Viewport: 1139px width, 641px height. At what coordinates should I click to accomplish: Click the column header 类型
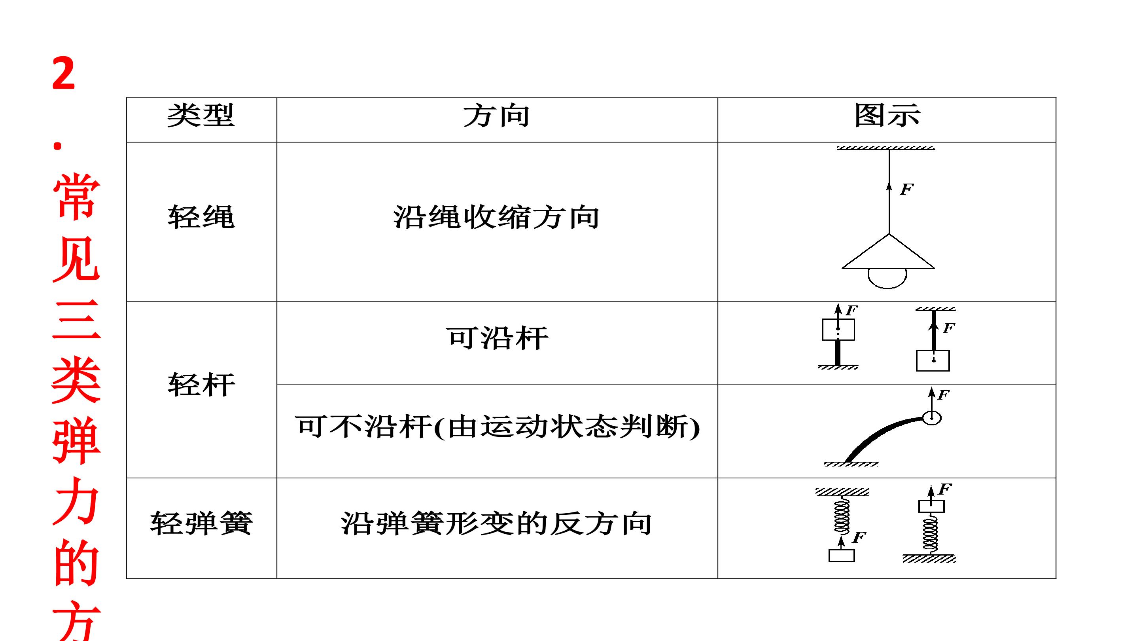point(201,116)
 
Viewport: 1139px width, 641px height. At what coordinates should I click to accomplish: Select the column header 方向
point(496,116)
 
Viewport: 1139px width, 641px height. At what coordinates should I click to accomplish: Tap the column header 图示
point(887,116)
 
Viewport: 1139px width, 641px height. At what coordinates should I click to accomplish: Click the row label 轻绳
point(201,217)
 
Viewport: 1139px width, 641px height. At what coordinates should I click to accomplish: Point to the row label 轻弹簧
point(201,523)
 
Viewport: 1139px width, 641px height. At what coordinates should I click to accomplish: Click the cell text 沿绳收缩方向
point(496,217)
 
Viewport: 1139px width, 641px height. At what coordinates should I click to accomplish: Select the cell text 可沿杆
point(497,338)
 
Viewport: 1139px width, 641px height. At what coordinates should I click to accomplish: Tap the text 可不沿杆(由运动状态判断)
point(497,427)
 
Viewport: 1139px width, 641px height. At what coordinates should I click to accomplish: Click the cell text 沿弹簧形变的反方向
point(496,523)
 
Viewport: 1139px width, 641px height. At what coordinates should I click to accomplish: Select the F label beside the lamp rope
point(906,190)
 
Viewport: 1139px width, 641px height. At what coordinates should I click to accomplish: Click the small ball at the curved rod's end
point(932,417)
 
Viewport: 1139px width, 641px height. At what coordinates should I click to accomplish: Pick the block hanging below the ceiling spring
point(842,555)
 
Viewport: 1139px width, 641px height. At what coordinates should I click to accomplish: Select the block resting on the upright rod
point(838,330)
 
